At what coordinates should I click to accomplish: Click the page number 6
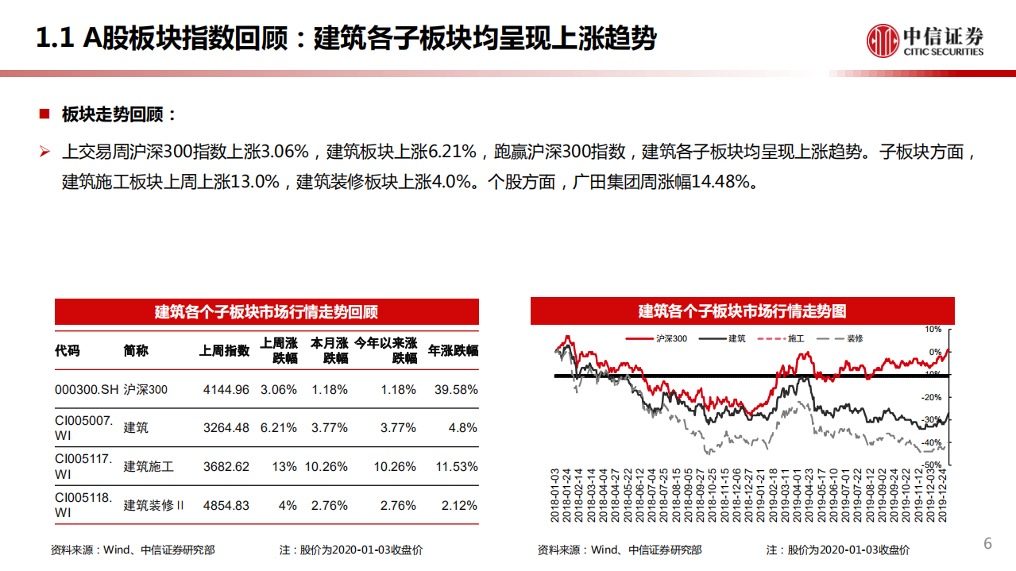(988, 543)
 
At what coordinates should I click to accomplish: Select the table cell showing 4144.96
(226, 390)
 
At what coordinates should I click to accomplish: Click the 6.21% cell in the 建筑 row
(278, 428)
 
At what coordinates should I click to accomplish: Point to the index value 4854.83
(226, 505)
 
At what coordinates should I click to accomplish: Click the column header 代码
(68, 350)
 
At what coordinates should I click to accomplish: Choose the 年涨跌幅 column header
(453, 350)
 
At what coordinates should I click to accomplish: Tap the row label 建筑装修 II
(153, 505)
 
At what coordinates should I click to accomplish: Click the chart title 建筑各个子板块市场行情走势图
(742, 311)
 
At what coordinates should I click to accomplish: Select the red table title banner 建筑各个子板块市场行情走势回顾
(266, 311)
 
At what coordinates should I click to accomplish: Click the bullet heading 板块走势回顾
(119, 114)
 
